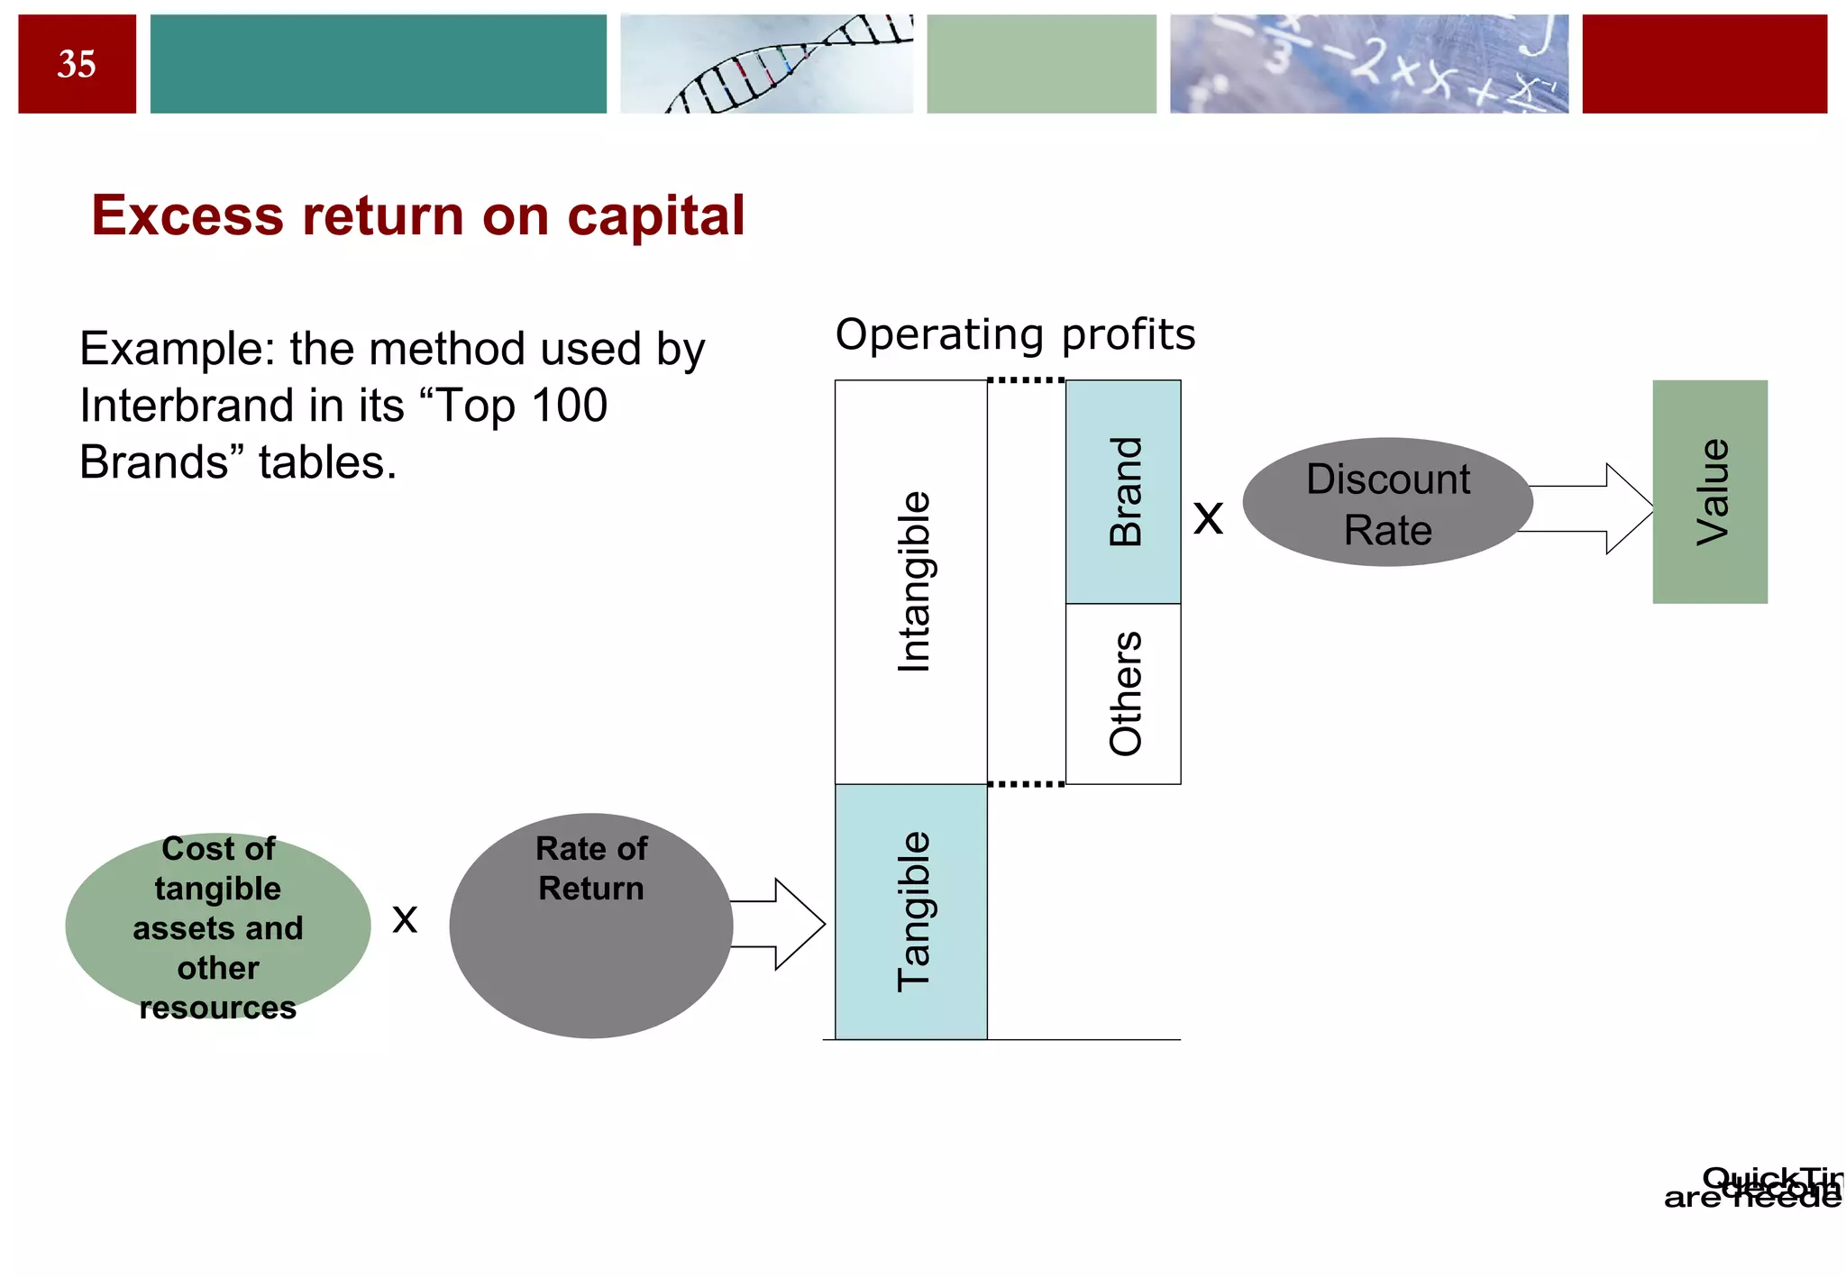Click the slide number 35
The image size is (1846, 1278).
pos(77,64)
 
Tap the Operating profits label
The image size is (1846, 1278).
pos(1015,334)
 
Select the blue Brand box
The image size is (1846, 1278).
pos(1123,492)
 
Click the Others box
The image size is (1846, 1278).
pos(1123,694)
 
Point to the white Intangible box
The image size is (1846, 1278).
pos(911,581)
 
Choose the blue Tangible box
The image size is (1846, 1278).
pos(911,911)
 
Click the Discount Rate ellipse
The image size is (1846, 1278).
pos(1387,503)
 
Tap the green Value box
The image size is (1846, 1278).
pos(1709,492)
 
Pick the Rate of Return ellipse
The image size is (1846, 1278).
pos(590,926)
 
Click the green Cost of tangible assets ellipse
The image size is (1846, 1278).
pos(218,926)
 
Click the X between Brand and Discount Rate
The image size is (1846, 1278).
pos(1208,519)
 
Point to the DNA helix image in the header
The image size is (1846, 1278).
pos(766,64)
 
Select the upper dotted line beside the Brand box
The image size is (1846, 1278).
pos(1026,380)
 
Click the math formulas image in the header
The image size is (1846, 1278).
pos(1368,64)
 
